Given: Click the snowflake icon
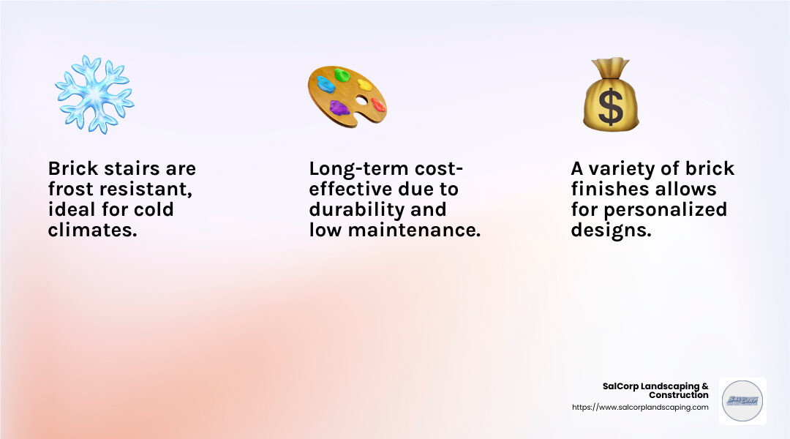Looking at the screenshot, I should pyautogui.click(x=94, y=94).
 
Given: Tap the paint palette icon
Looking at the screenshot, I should pyautogui.click(x=346, y=94).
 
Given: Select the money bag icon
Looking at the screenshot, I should pyautogui.click(x=611, y=95).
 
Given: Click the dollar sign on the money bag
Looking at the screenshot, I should pyautogui.click(x=611, y=106).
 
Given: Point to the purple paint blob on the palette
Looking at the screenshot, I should pyautogui.click(x=339, y=108).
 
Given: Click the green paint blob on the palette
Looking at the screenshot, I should pyautogui.click(x=342, y=75).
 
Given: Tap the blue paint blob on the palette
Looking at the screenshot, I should pyautogui.click(x=326, y=83).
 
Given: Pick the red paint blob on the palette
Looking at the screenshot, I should pyautogui.click(x=378, y=104).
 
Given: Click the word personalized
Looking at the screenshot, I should pyautogui.click(x=666, y=211).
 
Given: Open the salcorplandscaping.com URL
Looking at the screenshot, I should pyautogui.click(x=640, y=408).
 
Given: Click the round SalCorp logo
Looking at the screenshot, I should pyautogui.click(x=742, y=401).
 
